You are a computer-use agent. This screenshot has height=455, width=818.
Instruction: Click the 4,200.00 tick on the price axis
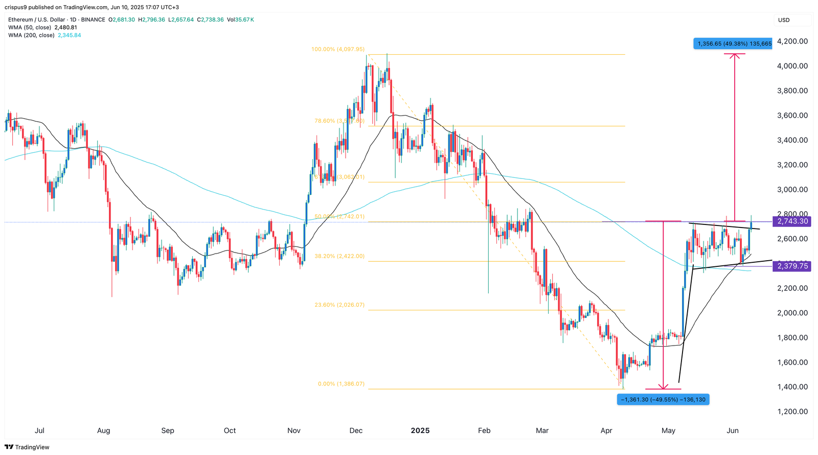click(792, 41)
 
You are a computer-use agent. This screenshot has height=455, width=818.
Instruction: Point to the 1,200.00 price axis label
click(792, 412)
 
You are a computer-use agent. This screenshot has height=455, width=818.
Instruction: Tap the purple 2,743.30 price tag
click(792, 221)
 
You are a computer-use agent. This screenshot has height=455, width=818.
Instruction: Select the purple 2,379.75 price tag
click(792, 266)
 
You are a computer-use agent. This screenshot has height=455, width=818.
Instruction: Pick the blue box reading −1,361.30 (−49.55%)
click(663, 399)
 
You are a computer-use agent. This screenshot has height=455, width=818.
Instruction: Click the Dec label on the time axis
click(356, 430)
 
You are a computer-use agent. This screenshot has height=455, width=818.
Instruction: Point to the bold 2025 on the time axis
click(420, 430)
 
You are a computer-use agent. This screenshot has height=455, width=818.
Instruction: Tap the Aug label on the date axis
click(103, 430)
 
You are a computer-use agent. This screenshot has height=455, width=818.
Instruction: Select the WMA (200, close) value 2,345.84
click(69, 35)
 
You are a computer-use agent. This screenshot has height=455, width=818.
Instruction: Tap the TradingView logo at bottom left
click(27, 447)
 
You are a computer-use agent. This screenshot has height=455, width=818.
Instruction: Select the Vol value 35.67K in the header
click(244, 20)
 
